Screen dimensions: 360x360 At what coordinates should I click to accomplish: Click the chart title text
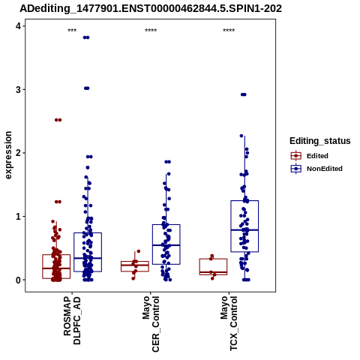[x=151, y=8]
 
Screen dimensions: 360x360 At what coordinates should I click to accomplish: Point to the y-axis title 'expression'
[x=8, y=155]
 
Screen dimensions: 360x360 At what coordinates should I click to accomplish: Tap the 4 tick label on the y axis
[x=18, y=26]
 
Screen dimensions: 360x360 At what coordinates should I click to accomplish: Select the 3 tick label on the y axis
[x=18, y=89]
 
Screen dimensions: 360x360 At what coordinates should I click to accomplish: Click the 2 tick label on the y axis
[x=18, y=153]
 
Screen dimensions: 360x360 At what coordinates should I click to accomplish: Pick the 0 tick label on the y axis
[x=18, y=280]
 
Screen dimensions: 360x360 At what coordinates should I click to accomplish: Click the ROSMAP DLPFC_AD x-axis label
[x=72, y=320]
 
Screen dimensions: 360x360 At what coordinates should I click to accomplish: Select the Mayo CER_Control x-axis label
[x=151, y=324]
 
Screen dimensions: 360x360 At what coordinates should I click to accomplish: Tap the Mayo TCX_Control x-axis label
[x=229, y=323]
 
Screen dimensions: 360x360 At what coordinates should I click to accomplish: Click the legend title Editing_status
[x=320, y=141]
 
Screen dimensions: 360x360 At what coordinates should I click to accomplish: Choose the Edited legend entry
[x=310, y=156]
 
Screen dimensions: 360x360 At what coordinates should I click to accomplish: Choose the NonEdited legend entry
[x=316, y=169]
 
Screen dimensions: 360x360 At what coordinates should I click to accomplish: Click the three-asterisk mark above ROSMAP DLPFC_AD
[x=72, y=31]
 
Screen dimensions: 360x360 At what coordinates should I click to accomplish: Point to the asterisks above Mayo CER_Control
[x=151, y=31]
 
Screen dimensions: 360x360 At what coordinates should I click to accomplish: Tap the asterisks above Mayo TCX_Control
[x=229, y=31]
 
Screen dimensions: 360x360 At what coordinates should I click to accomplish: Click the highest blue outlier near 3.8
[x=86, y=37]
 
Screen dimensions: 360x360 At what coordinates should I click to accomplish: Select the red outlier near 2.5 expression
[x=58, y=120]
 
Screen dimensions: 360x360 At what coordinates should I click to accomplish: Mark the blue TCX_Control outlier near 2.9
[x=244, y=94]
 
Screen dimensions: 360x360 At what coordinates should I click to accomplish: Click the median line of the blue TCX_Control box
[x=244, y=229]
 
